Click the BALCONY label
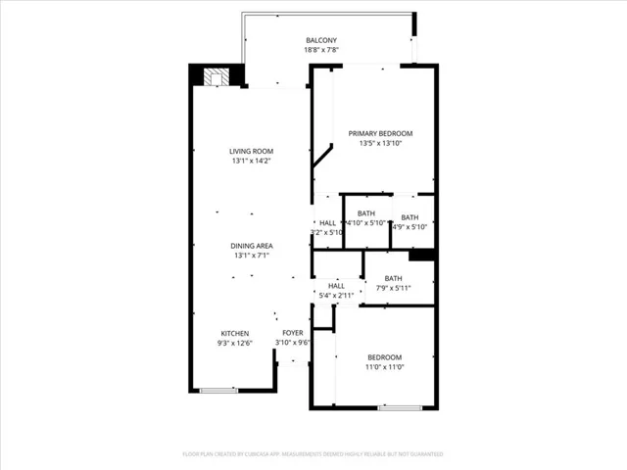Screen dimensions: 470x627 (321, 40)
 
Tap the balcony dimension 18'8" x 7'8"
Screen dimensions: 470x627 (321, 50)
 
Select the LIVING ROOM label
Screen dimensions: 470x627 (250, 151)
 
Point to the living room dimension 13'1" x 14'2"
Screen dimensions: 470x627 (250, 161)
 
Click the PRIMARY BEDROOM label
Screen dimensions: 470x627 (381, 133)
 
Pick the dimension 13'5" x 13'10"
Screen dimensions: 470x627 (381, 144)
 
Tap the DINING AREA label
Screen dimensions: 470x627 (252, 245)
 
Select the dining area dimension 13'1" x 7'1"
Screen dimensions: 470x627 (252, 256)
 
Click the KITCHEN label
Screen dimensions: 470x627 (234, 333)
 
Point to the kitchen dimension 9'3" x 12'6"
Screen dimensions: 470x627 (234, 344)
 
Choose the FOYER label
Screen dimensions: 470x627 (292, 333)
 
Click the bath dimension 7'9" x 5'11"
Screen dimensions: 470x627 (393, 288)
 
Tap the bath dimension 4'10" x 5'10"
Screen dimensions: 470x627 (366, 225)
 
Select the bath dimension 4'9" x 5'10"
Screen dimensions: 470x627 (410, 226)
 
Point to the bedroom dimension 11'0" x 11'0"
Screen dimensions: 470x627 (384, 368)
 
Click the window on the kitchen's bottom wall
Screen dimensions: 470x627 (218, 391)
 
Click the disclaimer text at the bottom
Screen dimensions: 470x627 (313, 454)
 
